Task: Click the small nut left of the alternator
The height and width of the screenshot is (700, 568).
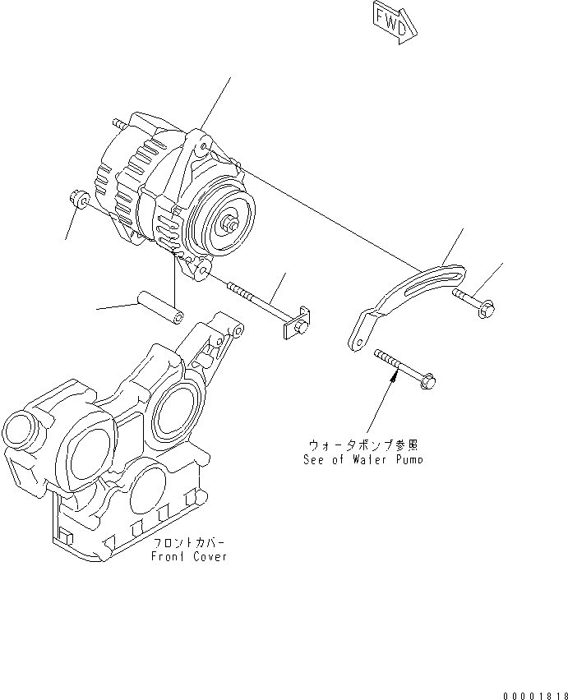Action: point(79,198)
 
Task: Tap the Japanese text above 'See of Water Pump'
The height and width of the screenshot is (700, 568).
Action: point(363,445)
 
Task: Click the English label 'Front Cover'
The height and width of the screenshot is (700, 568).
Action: point(188,556)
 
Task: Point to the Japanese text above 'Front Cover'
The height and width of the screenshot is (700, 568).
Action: point(188,543)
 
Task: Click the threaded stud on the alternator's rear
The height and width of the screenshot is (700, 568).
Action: point(120,122)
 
